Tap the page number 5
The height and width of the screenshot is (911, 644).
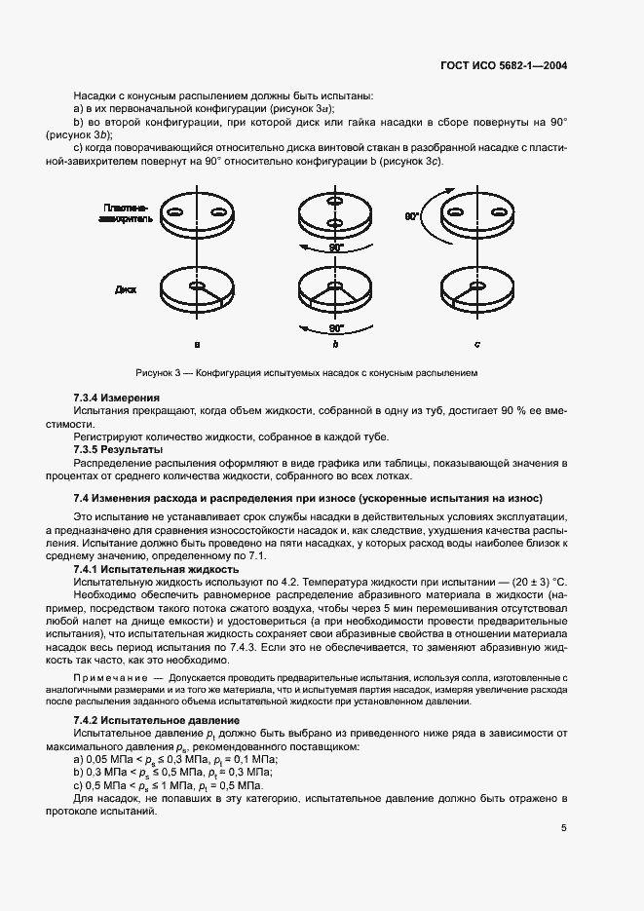point(564,828)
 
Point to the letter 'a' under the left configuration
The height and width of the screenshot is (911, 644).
point(197,343)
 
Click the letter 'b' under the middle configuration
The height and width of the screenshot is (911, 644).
point(335,343)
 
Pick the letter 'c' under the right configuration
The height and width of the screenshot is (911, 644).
point(476,343)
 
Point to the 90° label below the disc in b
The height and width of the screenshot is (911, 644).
point(336,329)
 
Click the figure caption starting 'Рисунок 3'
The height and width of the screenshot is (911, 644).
point(306,372)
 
